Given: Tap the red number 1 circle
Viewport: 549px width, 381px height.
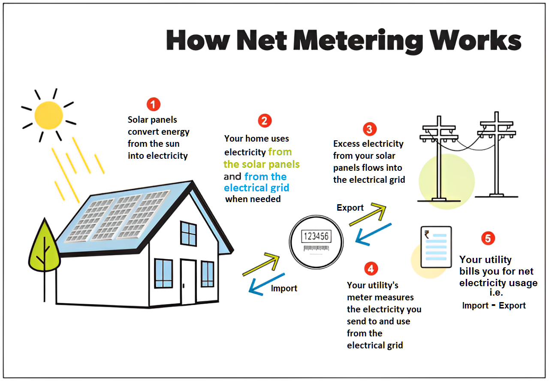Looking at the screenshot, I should point(153,104).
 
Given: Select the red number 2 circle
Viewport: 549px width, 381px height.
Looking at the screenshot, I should point(265,121).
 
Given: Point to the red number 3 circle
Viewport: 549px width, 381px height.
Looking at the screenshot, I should point(369,129).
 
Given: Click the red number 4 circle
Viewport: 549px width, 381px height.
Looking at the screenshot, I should point(371,269).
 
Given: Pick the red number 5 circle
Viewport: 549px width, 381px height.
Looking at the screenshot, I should point(488,238).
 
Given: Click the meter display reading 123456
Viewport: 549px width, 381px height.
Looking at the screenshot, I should point(316,236).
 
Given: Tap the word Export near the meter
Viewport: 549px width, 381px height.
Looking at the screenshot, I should point(350,208).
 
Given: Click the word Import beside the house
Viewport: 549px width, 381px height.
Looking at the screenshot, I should point(284,288).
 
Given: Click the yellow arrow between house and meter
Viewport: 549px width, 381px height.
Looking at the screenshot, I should point(260,264).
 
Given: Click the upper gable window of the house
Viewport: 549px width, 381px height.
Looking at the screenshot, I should point(188,233).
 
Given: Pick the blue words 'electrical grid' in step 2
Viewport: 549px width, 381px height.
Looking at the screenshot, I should point(256,188).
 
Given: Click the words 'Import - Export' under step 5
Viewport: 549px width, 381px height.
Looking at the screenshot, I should point(494,305).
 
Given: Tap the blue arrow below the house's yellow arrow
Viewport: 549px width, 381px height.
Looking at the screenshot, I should point(267,284).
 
